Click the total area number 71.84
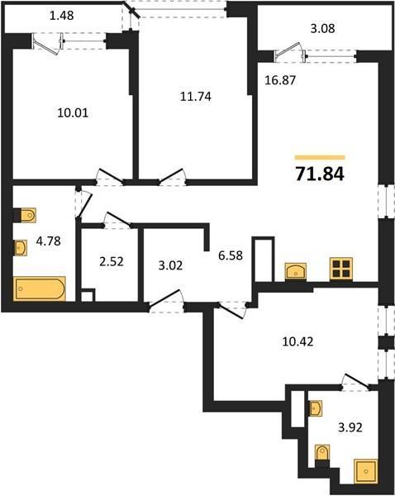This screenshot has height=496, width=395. coord(320,174)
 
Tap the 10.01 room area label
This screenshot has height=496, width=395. coord(73,112)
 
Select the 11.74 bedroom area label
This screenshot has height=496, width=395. coord(196,96)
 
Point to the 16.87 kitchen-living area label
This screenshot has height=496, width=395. coord(280,80)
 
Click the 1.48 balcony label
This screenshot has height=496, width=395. coord(62,15)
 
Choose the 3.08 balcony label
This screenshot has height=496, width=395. coord(322,28)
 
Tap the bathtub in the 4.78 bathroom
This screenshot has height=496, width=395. coord(39,289)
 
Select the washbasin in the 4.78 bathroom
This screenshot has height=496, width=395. coord(20,247)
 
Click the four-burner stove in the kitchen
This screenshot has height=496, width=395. coord(341,269)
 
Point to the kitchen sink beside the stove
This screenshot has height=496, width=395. coord(295,271)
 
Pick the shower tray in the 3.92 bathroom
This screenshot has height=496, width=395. coord(365,471)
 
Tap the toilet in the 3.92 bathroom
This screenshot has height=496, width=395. coord(322,455)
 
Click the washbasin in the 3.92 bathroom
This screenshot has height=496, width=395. coord(316,408)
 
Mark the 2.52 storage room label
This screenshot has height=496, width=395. coord(112,262)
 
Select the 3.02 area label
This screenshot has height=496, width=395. coord(170,265)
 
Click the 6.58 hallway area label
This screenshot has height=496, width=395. coord(231,255)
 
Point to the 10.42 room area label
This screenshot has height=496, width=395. coord(297,341)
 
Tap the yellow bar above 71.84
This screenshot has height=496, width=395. coord(320,158)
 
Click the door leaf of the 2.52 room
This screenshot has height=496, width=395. coord(117,219)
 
